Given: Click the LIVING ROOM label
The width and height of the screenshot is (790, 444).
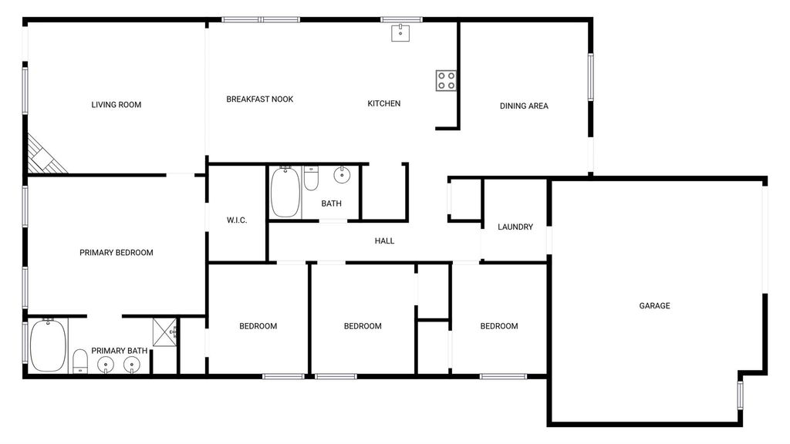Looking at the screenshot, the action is (x=116, y=105).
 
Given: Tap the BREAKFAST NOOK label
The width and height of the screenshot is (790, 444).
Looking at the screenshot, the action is (x=259, y=99).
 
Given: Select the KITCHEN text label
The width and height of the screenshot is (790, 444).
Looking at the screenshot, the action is (x=384, y=103).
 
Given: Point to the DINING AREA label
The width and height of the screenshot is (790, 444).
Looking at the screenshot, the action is (x=524, y=106).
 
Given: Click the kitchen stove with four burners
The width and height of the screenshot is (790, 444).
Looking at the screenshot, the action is (x=446, y=80).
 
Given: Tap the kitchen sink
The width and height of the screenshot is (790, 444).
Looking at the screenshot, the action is (x=400, y=32).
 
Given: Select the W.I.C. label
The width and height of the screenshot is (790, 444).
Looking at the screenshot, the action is (x=237, y=220).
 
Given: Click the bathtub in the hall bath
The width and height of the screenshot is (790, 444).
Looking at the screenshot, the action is (x=285, y=192).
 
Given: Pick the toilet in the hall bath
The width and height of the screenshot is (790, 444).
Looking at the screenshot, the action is (x=312, y=178).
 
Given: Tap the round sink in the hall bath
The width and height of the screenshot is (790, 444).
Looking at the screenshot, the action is (x=342, y=175).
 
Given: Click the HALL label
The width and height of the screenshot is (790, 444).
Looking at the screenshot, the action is (x=384, y=241).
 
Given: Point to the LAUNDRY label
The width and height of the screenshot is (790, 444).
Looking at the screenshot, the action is (x=515, y=227).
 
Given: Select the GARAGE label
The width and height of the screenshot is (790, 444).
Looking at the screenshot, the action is (x=654, y=305).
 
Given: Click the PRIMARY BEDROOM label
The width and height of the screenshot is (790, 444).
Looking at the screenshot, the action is (x=116, y=253).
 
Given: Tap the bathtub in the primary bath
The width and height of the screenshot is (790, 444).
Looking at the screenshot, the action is (x=48, y=345).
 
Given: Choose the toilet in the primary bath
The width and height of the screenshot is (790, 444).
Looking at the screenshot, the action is (x=80, y=362).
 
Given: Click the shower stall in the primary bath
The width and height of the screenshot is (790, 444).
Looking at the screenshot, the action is (x=165, y=332).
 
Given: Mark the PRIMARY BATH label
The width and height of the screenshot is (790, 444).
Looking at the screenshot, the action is (x=120, y=351).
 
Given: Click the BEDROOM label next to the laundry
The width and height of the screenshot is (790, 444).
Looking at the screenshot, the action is (x=499, y=326).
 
